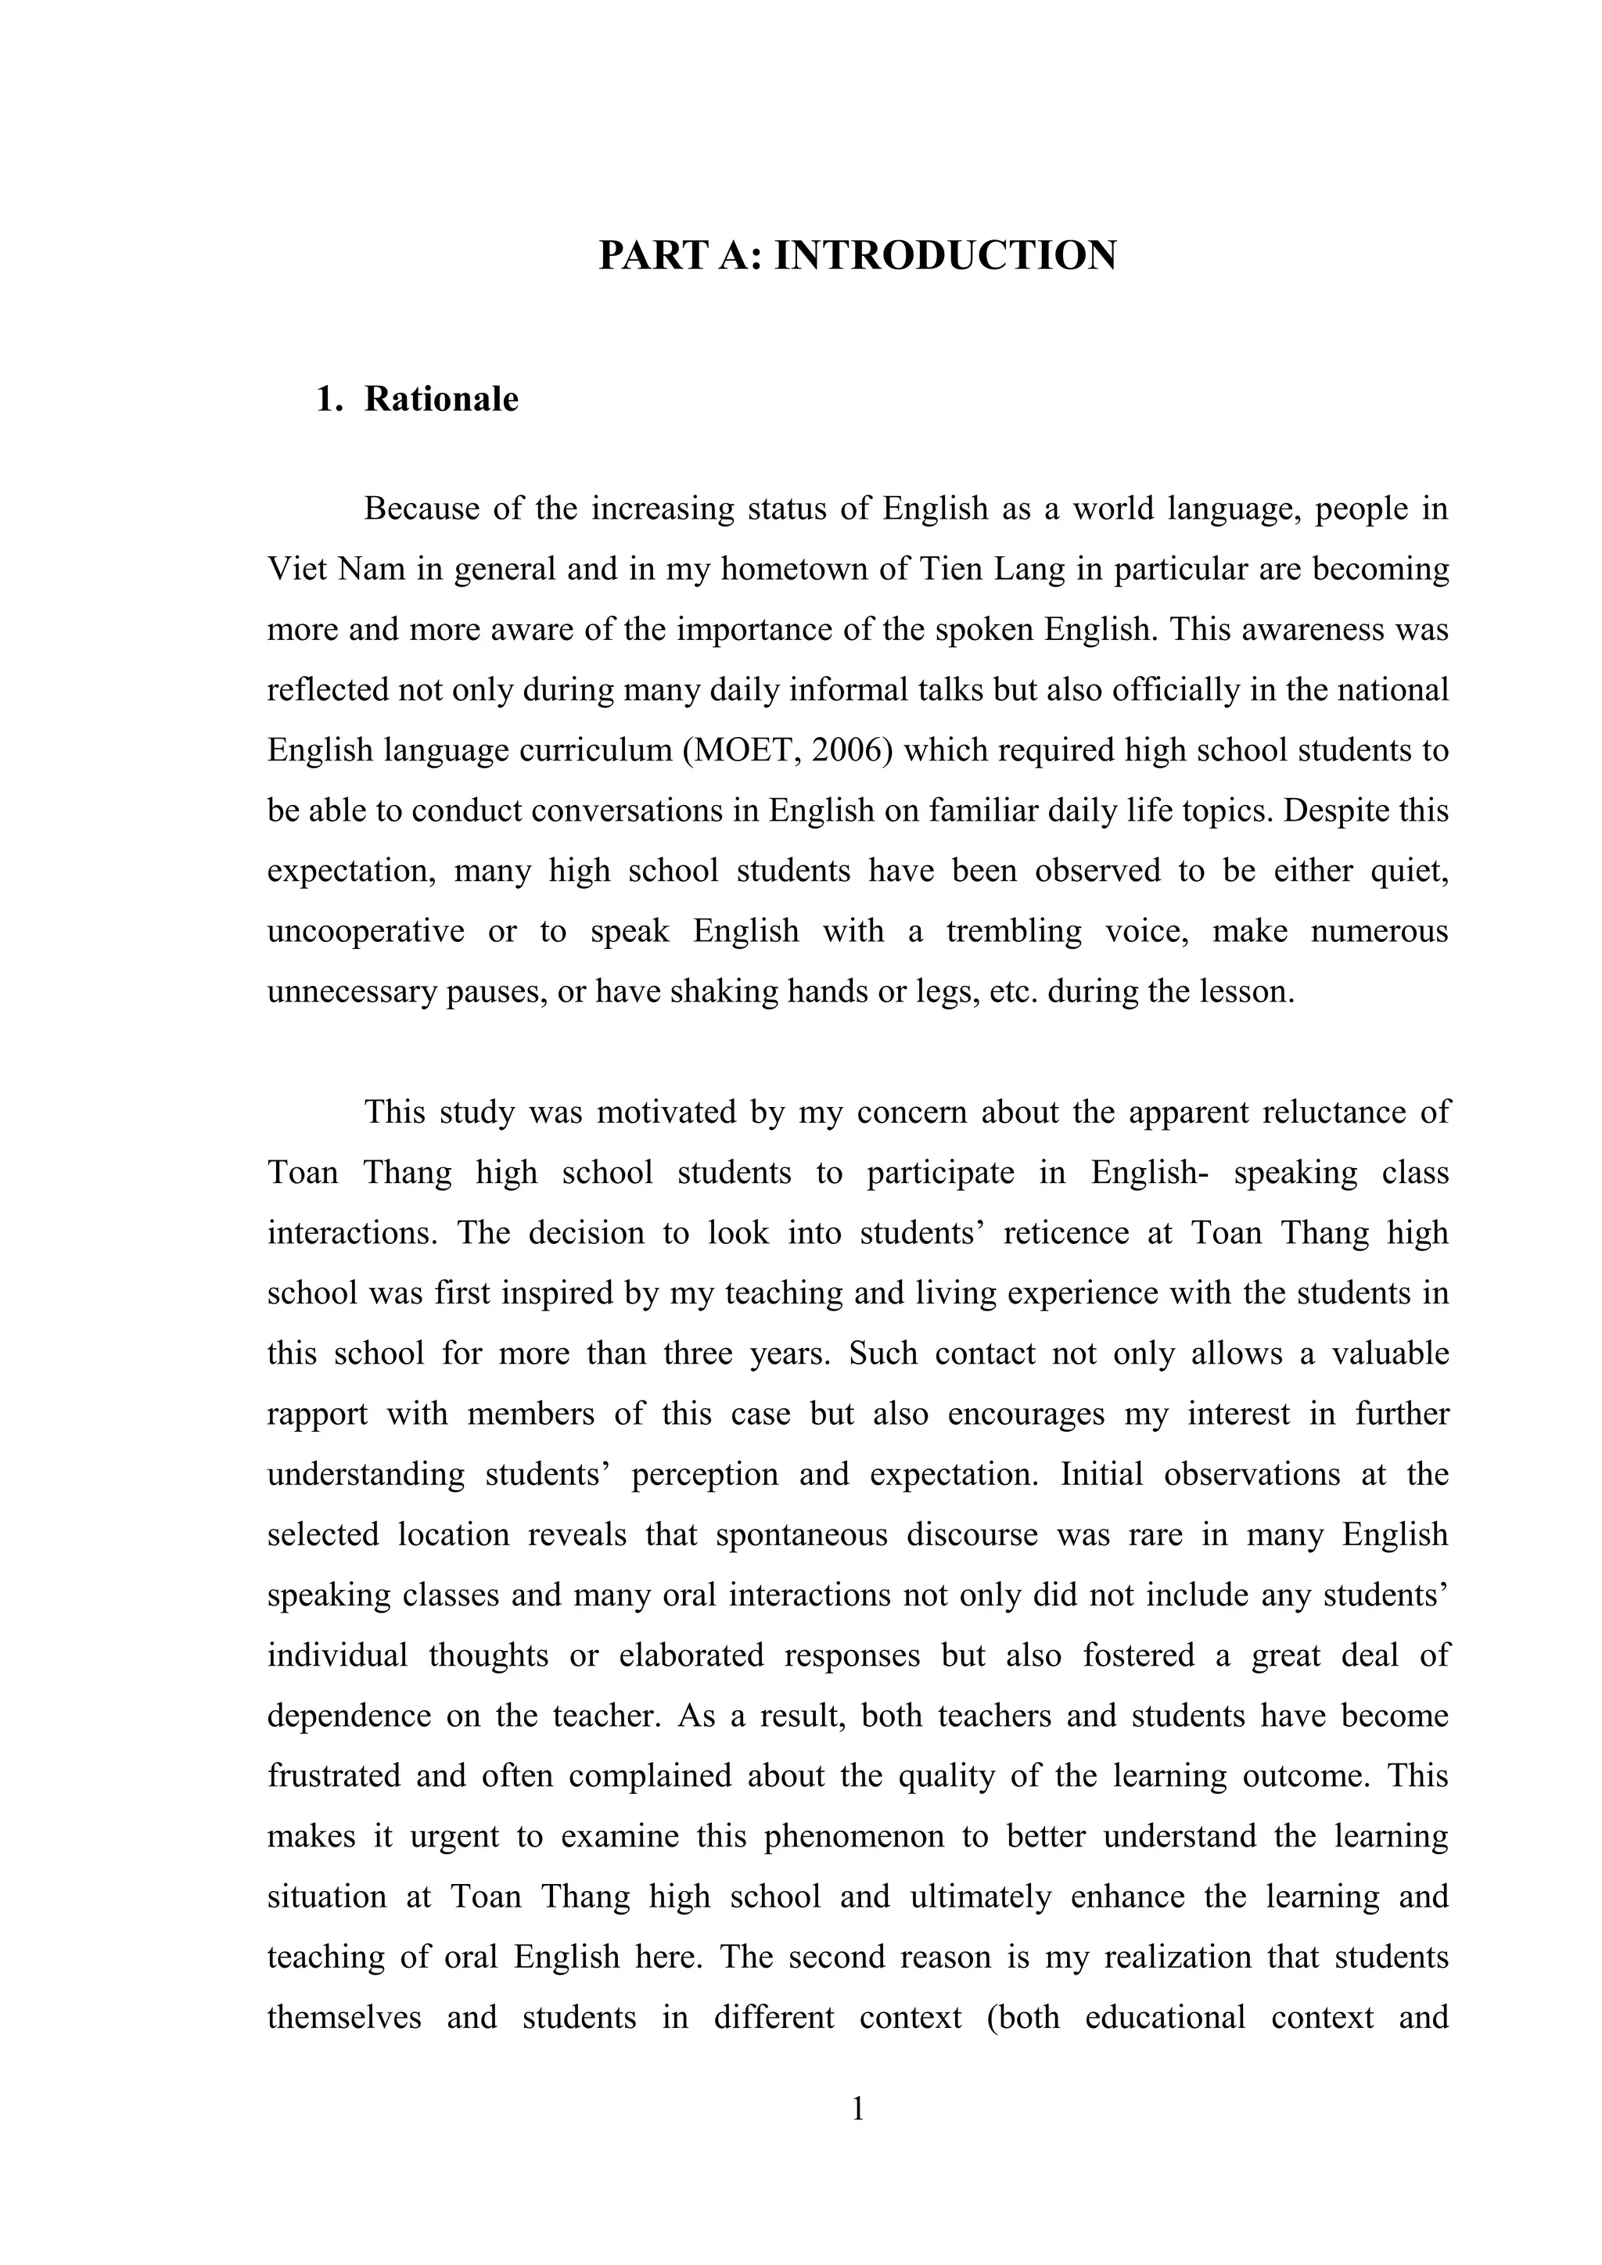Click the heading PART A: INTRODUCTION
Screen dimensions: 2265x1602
pos(857,256)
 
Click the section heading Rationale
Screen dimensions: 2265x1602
pos(441,400)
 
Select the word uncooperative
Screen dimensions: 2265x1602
pos(366,931)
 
